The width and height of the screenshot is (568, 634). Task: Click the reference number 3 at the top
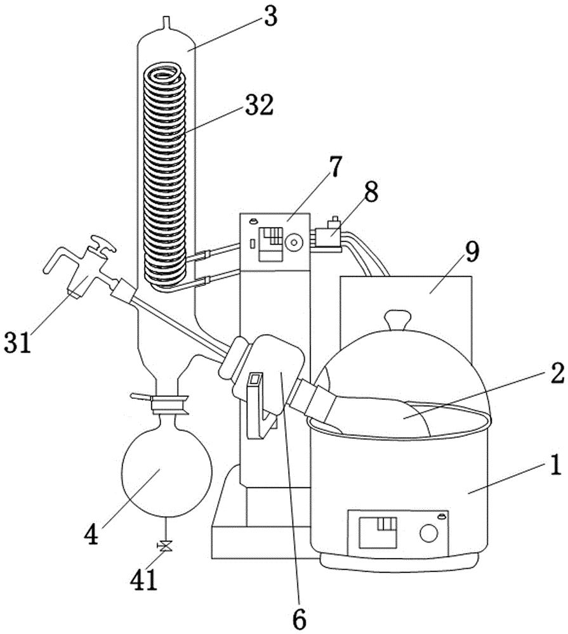point(270,16)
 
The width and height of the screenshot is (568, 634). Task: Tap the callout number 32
point(259,105)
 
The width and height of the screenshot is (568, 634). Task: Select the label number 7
point(335,167)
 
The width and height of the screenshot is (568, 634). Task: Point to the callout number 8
point(371,191)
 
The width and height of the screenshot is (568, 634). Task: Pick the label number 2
point(557,373)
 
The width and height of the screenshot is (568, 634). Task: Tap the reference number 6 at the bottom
point(299,619)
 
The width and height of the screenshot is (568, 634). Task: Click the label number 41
point(143,580)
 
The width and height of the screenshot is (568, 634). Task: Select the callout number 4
point(91,534)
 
